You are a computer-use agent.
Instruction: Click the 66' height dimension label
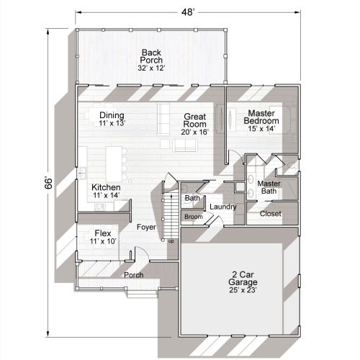point(48,180)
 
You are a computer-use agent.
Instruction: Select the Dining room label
point(112,119)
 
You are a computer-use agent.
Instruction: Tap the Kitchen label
point(106,191)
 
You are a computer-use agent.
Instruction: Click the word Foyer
point(148,228)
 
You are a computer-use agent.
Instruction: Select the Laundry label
point(224,208)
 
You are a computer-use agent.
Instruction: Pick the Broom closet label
point(193,217)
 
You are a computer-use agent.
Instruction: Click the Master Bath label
point(269,187)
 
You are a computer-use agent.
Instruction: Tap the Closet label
point(270,214)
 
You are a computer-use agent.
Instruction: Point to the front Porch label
point(134,275)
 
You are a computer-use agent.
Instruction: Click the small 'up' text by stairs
point(171,240)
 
